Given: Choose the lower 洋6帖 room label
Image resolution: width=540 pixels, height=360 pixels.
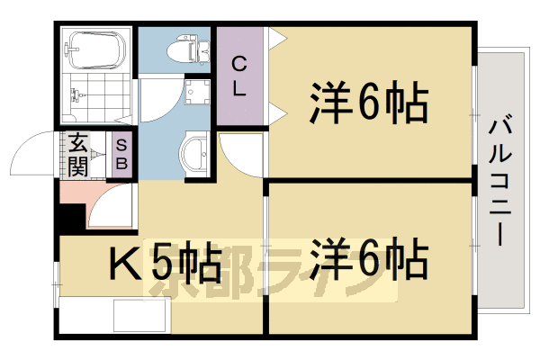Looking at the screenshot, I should pos(369,259).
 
